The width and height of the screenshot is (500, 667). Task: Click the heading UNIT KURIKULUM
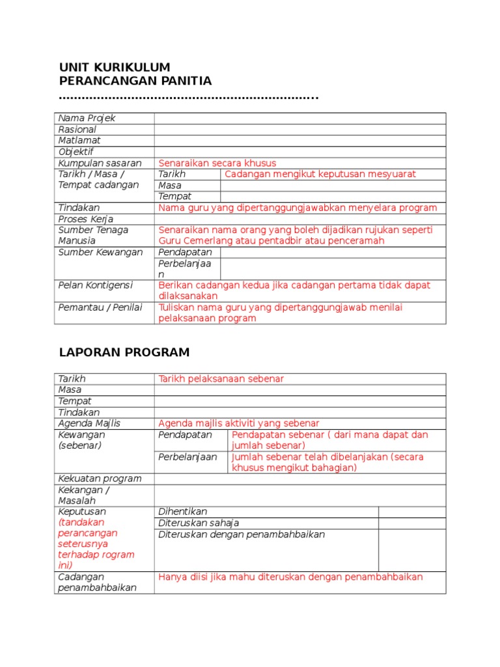115,67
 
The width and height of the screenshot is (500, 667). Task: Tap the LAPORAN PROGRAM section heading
124,352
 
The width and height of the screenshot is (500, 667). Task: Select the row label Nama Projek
87,118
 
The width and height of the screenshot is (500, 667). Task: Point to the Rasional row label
77,129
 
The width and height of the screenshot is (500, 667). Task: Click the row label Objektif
76,152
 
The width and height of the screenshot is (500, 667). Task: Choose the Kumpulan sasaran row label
100,163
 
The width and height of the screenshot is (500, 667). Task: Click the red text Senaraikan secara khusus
217,163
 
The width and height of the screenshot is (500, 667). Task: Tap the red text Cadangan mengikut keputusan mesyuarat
320,174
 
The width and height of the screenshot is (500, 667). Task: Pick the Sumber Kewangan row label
100,252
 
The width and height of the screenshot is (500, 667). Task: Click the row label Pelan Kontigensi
95,285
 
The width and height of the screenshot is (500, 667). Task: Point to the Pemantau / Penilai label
100,307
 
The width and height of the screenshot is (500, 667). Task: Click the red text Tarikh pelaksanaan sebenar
221,378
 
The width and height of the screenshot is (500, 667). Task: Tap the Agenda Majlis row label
89,423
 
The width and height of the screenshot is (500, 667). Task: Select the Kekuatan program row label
100,479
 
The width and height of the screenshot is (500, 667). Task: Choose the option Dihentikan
183,512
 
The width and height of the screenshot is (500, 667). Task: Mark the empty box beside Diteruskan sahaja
411,523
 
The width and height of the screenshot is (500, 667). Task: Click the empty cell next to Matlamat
299,141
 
